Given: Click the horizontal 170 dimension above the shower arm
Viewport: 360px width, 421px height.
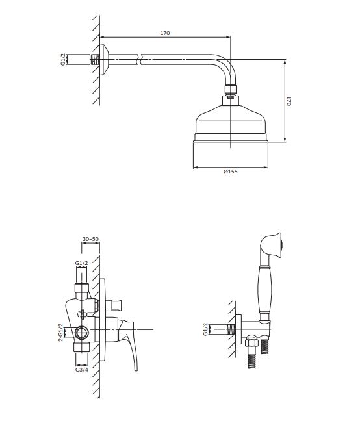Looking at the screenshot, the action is [x=165, y=33].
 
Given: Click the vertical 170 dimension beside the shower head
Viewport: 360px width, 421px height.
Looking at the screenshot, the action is [x=289, y=101].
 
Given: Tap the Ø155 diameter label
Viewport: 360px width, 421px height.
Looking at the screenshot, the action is [x=231, y=172].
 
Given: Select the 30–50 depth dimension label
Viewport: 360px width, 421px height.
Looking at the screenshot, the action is [x=90, y=239].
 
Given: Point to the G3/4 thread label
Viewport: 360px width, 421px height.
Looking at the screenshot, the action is [x=82, y=370].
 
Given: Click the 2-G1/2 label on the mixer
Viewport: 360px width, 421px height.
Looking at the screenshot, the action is [x=60, y=333].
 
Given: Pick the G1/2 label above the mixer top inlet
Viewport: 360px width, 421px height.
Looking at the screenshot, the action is [x=81, y=263].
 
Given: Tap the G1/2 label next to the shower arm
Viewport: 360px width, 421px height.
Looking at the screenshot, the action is [x=63, y=59].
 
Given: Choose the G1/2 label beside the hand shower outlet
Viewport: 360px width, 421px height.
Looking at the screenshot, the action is [x=205, y=329].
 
